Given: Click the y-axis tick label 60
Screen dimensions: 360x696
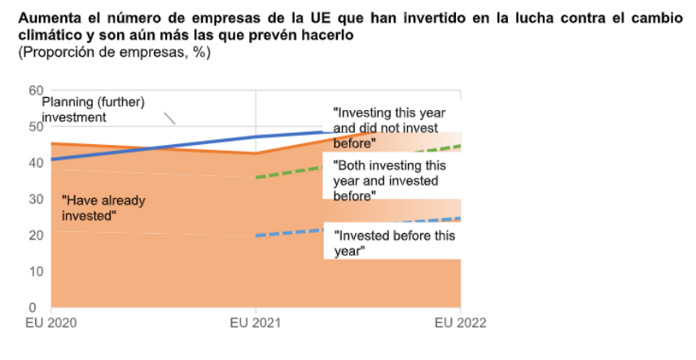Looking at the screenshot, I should tap(35, 90).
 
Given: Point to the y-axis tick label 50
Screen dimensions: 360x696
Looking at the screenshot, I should tap(35, 126).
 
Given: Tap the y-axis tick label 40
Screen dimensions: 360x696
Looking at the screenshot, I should tap(35, 163).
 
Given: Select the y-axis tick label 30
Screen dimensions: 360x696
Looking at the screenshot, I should tap(35, 199).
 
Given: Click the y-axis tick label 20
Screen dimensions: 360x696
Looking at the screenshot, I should tap(35, 235).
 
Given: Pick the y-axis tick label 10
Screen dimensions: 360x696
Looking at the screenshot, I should tap(35, 271).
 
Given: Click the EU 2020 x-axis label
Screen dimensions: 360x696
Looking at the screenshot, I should tap(50, 323).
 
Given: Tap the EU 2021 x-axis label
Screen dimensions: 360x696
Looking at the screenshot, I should tap(256, 323).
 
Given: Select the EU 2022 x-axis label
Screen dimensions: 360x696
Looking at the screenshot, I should tap(460, 323).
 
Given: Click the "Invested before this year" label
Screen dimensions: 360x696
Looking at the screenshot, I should tap(394, 244).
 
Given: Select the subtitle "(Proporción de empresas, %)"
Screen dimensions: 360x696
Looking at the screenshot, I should tap(104, 53).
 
